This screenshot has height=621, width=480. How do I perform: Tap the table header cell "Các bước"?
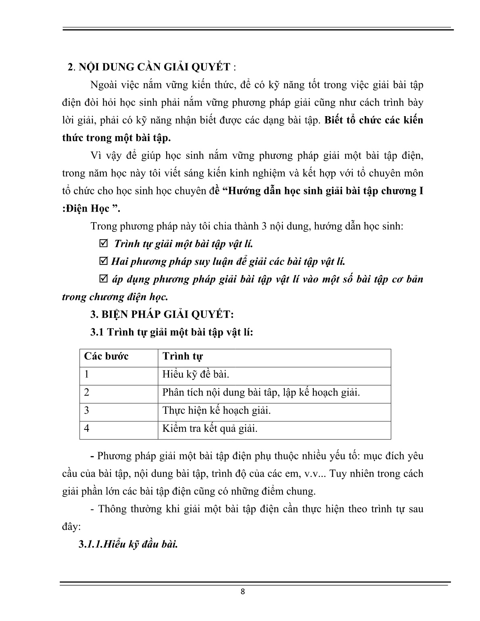[106, 356]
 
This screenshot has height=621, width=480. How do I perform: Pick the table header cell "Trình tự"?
[182, 356]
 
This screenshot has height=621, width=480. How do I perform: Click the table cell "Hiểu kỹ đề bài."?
[196, 375]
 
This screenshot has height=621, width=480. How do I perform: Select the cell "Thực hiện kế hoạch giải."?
[216, 411]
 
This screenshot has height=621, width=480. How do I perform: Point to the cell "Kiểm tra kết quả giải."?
[210, 428]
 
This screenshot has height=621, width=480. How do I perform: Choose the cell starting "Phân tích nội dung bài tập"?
[261, 392]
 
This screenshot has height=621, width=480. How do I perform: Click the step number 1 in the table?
[87, 375]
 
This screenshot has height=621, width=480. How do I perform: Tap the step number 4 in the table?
[87, 428]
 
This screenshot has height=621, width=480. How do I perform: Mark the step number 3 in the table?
[87, 411]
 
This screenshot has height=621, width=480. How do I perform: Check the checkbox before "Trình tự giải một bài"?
[103, 244]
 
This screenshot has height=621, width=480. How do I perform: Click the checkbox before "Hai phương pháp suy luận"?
[103, 261]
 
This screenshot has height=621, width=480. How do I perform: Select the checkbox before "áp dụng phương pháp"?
[103, 279]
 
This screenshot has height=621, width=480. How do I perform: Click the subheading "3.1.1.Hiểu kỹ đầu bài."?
[128, 544]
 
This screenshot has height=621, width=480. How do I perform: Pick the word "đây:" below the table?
[71, 527]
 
